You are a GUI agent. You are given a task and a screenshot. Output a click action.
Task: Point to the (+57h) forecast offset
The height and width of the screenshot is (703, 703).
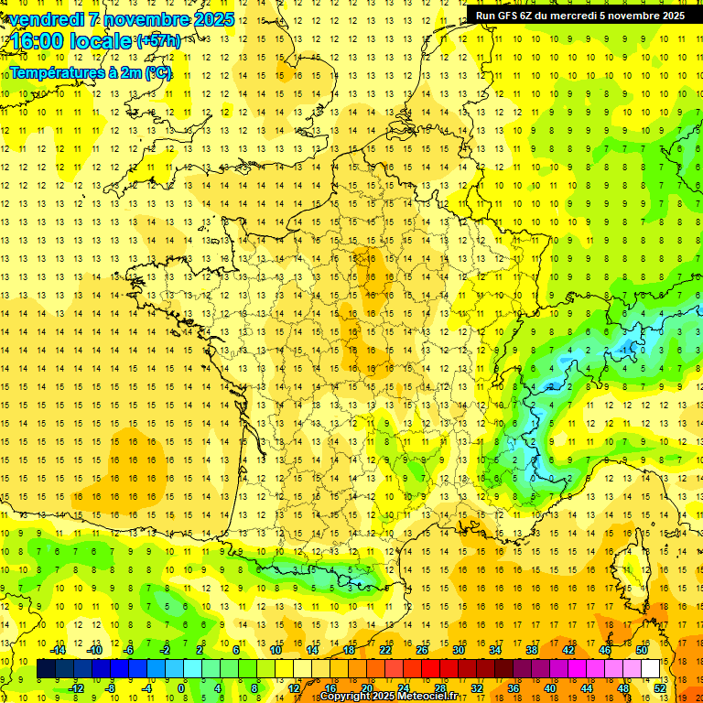click(158, 41)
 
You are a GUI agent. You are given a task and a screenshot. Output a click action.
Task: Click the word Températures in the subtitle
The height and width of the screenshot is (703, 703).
click(56, 72)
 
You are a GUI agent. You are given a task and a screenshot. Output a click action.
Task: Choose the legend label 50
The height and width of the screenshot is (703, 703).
click(641, 650)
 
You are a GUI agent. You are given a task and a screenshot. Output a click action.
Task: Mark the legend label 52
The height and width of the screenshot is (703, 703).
click(660, 687)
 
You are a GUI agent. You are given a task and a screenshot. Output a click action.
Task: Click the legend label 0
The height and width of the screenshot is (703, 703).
click(181, 687)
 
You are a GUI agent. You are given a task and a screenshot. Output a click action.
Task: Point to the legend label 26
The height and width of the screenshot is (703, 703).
click(422, 650)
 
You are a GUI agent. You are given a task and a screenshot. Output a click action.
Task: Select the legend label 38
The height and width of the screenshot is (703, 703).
click(532, 650)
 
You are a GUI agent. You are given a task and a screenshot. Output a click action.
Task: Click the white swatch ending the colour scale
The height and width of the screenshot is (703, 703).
click(651, 669)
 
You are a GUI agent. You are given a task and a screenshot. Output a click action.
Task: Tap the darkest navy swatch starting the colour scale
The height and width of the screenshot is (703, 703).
click(46, 669)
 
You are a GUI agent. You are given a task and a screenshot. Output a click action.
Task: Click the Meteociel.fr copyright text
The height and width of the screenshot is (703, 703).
click(388, 697)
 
